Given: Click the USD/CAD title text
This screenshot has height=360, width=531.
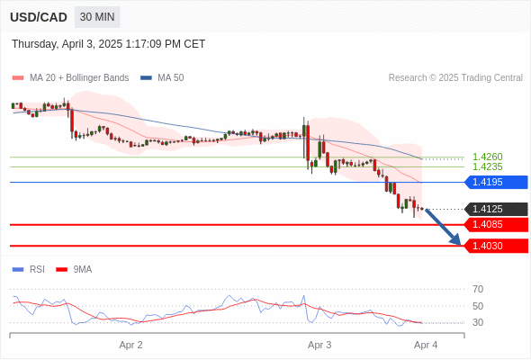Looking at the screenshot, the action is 39,17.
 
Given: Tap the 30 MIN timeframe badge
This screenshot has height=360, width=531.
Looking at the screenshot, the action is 97,17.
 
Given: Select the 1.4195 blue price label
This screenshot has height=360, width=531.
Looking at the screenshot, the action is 496,182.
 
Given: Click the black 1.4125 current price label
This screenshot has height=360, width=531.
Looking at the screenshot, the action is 496,209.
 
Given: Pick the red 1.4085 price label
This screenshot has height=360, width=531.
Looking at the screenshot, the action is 496,224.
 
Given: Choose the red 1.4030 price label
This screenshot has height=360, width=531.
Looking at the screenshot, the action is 496,246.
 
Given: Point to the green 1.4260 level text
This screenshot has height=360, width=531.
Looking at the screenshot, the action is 487,157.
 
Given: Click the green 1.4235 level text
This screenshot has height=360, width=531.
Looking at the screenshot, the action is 487,166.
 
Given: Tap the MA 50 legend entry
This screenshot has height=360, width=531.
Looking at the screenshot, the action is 162,78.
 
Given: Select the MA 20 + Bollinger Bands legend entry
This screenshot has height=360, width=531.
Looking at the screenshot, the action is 70,78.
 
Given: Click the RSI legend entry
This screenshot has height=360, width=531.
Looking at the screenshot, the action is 29,270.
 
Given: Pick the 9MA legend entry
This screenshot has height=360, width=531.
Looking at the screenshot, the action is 74,270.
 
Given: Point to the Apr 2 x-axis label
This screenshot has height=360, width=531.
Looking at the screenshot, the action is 130,345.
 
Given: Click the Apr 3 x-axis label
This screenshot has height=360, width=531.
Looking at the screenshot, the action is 319,345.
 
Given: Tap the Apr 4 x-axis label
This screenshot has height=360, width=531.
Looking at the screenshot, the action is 426,345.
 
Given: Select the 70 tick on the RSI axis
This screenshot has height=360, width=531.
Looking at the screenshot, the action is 478,289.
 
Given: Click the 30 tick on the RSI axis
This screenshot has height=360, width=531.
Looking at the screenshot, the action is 478,322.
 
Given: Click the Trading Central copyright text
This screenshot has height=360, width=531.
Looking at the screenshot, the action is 455,78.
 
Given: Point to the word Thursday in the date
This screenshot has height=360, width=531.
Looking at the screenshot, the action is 34,44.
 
